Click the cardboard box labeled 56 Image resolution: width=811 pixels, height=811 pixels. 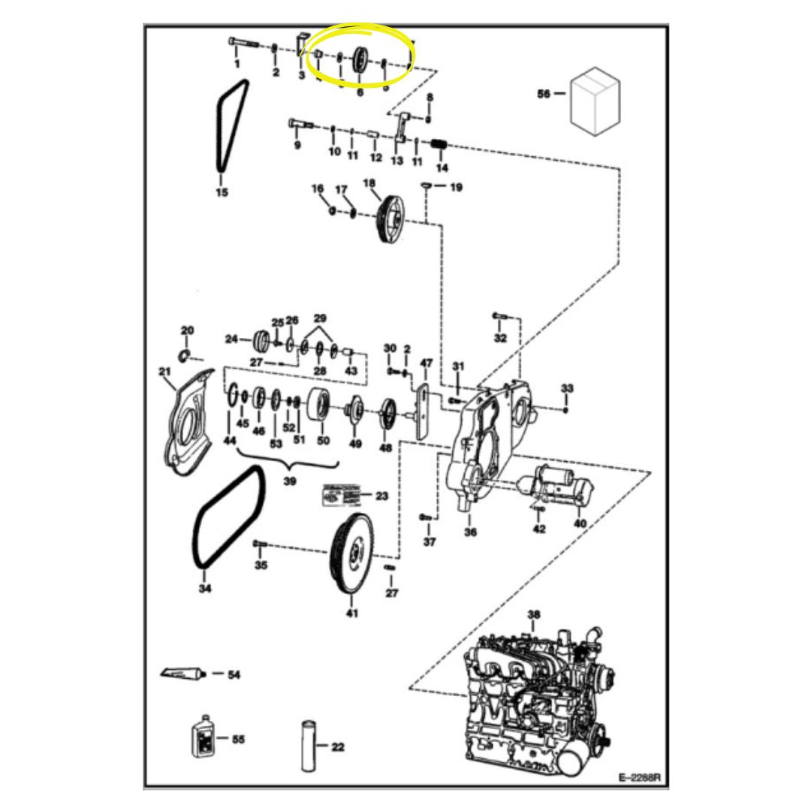[595, 99]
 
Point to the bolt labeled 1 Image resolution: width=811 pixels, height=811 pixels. [244, 44]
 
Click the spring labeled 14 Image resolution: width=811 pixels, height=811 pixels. [442, 144]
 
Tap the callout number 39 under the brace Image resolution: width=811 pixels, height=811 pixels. [289, 481]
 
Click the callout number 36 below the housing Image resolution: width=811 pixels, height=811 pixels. [470, 532]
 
